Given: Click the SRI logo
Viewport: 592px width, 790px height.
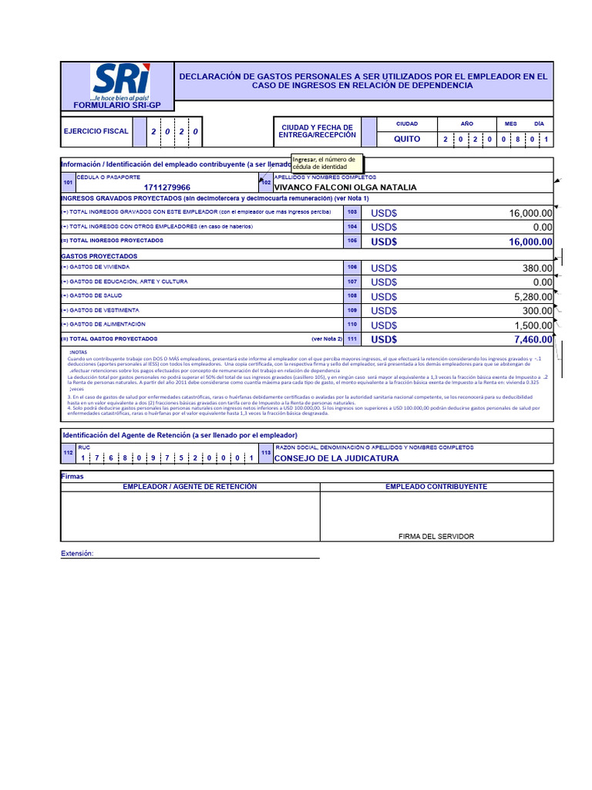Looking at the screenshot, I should pyautogui.click(x=121, y=82).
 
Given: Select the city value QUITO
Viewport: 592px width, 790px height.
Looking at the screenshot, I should pyautogui.click(x=407, y=140).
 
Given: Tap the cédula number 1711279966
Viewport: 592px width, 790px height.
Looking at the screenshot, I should pyautogui.click(x=167, y=187).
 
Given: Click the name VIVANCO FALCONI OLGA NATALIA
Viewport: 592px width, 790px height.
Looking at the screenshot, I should pyautogui.click(x=345, y=187).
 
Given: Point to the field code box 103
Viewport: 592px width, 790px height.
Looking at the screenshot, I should pyautogui.click(x=352, y=212).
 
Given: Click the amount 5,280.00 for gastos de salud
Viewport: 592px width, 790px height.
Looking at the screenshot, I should pyautogui.click(x=526, y=296).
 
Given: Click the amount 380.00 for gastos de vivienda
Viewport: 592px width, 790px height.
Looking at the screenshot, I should pyautogui.click(x=537, y=268).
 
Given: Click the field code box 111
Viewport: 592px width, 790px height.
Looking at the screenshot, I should pyautogui.click(x=352, y=339).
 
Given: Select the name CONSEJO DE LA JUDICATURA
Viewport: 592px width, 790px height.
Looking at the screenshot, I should pyautogui.click(x=337, y=458).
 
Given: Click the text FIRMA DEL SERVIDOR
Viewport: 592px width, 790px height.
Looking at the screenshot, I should pyautogui.click(x=436, y=536).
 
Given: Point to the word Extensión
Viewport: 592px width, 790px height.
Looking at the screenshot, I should pyautogui.click(x=77, y=554).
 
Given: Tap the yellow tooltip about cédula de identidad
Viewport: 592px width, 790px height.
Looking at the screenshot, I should pyautogui.click(x=327, y=163).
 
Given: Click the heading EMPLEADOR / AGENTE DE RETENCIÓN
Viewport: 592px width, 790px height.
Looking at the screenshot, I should pyautogui.click(x=189, y=487).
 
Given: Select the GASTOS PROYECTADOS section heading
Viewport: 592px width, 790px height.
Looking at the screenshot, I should pyautogui.click(x=99, y=255).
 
